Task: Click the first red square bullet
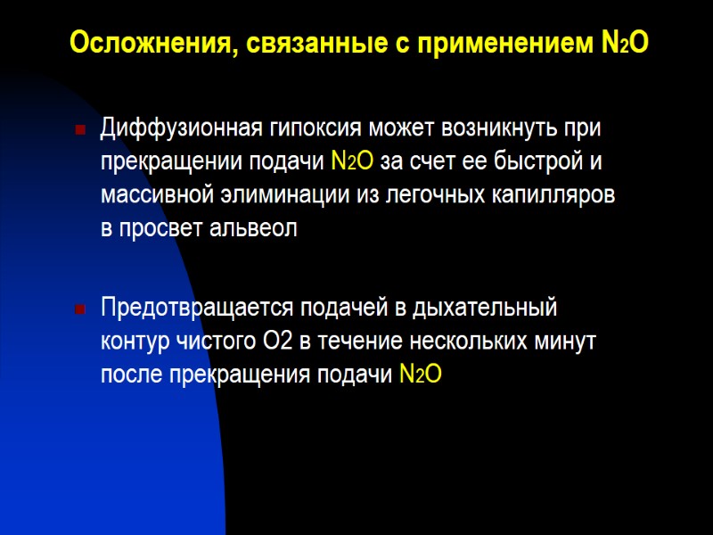(80, 132)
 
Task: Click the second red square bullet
(80, 310)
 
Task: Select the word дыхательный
(487, 308)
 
